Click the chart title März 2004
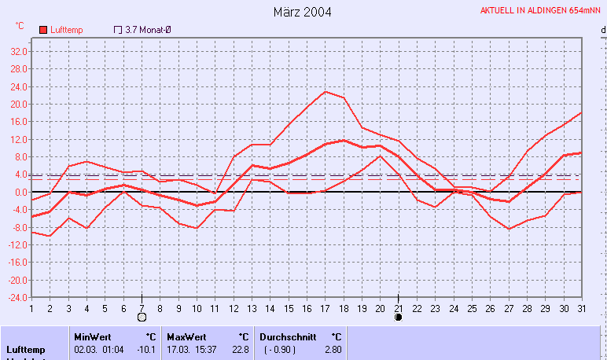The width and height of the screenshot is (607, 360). pos(303,12)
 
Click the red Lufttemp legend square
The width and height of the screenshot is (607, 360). pos(42,30)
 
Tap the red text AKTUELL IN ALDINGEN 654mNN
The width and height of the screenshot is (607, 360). pos(540,10)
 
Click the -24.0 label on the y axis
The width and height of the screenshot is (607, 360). pos(18,298)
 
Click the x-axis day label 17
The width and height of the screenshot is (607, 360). pos(325,308)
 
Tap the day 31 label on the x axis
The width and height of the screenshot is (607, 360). pos(581,308)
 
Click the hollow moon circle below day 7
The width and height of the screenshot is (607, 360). pos(142,318)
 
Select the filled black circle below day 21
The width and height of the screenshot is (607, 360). pos(398,318)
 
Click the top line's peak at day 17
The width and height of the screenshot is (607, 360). pos(325,92)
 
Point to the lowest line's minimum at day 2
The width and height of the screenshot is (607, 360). pos(50,236)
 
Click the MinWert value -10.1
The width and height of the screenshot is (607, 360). pos(145,349)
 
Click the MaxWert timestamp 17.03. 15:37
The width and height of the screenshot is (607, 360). pos(193,349)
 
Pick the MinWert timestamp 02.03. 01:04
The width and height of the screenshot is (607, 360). pos(99,349)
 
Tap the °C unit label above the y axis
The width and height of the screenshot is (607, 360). pos(20,26)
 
